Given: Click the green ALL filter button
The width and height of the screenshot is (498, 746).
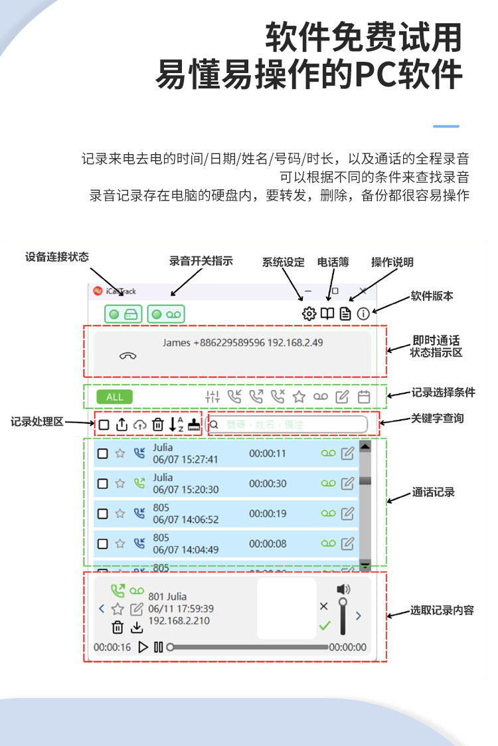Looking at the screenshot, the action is point(115,397).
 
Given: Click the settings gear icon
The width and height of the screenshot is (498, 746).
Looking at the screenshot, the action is point(309,314).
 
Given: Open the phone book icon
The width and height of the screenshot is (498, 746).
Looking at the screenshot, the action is point(327,314).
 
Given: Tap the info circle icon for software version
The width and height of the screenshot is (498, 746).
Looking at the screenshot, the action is point(363,314).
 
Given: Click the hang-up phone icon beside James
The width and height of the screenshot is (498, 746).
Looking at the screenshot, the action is point(127,355).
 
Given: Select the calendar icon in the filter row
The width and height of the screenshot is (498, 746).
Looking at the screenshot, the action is point(364,397).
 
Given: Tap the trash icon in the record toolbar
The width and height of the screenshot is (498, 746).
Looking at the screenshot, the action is point(157,424).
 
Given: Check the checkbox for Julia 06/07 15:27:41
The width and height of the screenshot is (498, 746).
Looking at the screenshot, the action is point(103,454).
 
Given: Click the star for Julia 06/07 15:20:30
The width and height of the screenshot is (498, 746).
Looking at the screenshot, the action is point(120,484).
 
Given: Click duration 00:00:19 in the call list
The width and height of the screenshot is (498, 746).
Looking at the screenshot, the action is point(268,513).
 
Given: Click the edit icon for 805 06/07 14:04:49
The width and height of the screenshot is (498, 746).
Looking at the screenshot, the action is point(347,544).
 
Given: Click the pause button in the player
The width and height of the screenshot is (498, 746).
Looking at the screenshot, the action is point(158,647).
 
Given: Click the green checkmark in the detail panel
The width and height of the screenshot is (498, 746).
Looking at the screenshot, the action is point(324,625).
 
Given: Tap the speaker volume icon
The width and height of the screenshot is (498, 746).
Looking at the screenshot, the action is point(343,589).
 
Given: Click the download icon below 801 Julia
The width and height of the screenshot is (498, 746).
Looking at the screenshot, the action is point(136,628).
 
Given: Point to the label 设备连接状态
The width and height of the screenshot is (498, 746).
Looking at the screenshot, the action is point(57,257).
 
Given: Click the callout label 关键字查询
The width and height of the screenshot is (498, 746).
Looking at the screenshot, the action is point(438,418).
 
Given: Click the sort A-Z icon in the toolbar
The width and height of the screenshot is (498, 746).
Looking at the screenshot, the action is point(176,424).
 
